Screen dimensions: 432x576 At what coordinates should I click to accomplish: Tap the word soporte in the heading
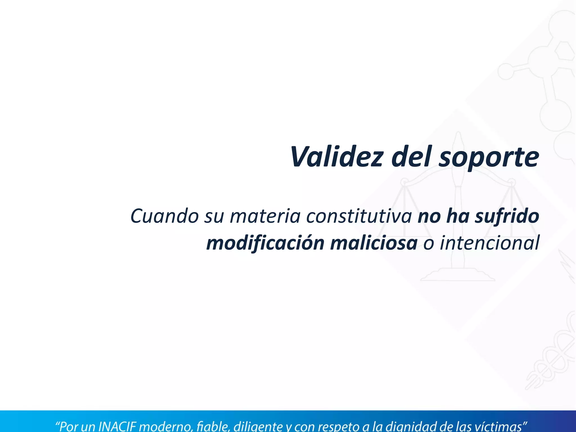pyautogui.click(x=489, y=157)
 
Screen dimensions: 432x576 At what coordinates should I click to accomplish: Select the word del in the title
pyautogui.click(x=412, y=156)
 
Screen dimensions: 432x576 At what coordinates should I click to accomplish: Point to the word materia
pyautogui.click(x=265, y=216)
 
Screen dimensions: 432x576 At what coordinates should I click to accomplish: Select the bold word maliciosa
pyautogui.click(x=374, y=243)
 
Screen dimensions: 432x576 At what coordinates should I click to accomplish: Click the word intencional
pyautogui.click(x=489, y=243)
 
